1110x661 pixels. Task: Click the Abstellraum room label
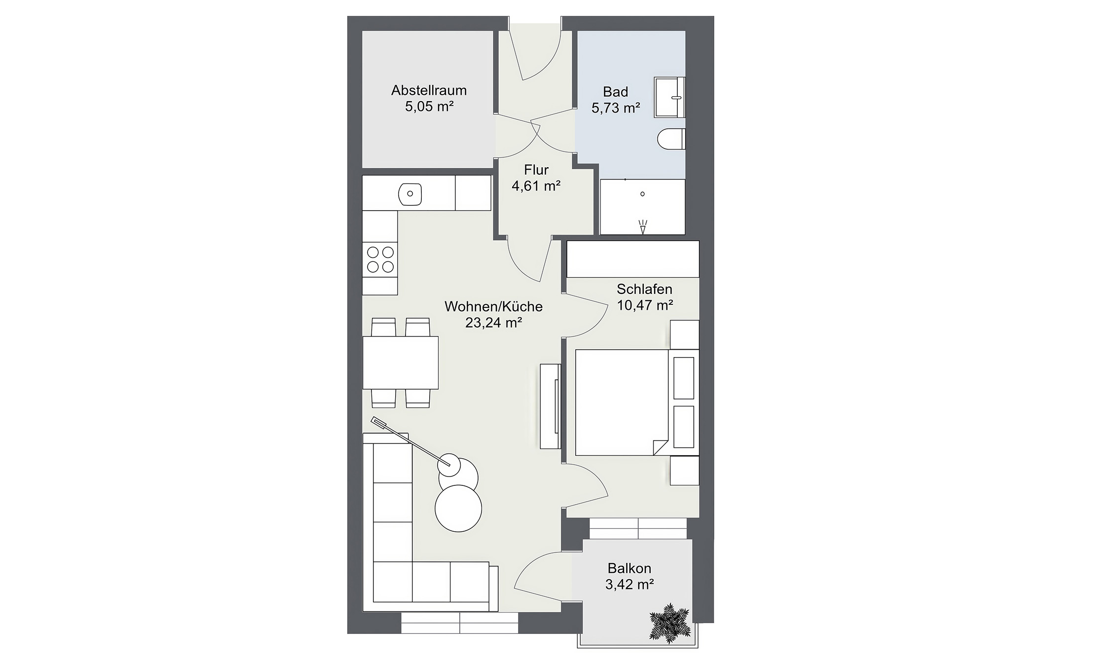click(429, 90)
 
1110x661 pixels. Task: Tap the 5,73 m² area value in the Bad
click(616, 108)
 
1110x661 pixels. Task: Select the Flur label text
click(536, 170)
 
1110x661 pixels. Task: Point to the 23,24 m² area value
click(493, 323)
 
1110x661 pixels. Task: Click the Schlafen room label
click(644, 289)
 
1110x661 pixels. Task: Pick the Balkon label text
click(629, 568)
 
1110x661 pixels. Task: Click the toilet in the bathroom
click(671, 139)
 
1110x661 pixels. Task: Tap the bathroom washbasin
click(669, 97)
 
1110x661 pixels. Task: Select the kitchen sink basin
click(410, 194)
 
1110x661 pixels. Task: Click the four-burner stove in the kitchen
click(380, 259)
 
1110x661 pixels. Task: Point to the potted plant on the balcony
click(669, 623)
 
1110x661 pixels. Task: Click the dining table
click(401, 363)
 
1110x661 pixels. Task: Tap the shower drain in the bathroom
click(642, 194)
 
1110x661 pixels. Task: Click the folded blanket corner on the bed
click(660, 447)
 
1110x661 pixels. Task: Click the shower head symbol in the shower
click(643, 227)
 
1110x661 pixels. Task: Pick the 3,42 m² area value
click(629, 585)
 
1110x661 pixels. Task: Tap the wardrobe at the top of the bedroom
click(632, 259)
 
